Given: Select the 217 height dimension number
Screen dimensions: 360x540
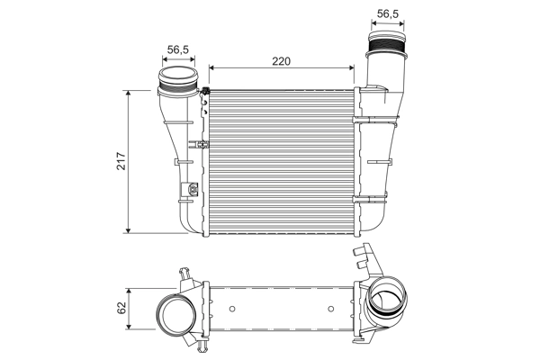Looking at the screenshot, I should pos(119,162).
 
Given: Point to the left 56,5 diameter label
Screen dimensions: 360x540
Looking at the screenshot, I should pos(177,50).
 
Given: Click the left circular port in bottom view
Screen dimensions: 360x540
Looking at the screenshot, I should pos(175,317).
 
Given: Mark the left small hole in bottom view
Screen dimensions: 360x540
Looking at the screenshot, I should pos(232,310).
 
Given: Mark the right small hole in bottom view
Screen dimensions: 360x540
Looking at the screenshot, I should pos(333,310).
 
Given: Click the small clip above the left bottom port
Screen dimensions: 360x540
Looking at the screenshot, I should pos(186,273).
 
